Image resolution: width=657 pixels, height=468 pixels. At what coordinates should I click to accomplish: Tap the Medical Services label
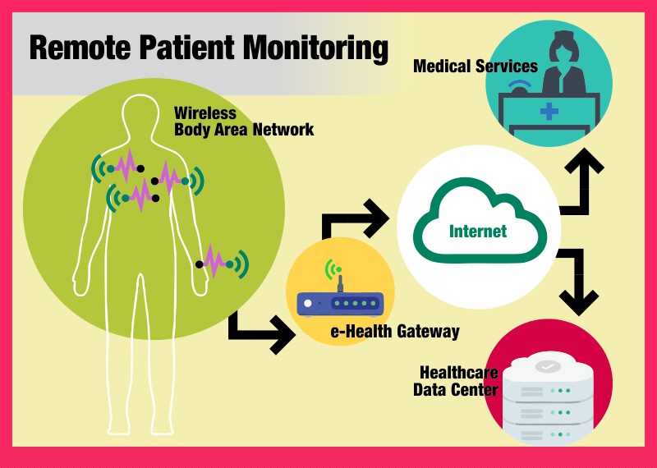tap(475, 66)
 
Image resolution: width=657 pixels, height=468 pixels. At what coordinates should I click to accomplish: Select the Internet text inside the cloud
tap(478, 231)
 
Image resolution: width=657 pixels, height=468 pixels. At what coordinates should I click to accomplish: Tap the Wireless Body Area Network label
tap(244, 122)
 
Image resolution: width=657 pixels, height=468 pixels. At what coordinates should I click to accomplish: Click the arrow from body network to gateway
tap(261, 329)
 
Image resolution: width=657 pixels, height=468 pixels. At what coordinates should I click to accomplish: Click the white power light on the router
tap(309, 304)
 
